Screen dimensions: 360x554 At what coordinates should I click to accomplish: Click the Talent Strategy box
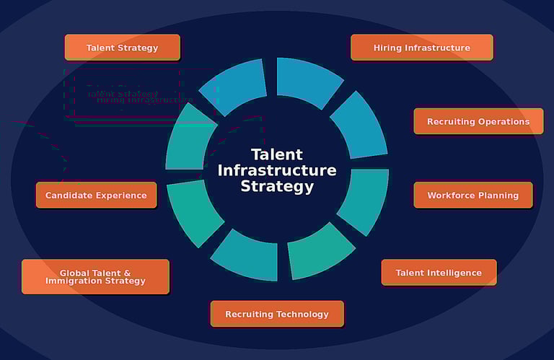[122, 48]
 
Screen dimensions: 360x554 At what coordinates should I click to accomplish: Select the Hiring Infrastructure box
[422, 48]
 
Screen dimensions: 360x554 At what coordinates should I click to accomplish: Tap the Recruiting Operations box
[478, 121]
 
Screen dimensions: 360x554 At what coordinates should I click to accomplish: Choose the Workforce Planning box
[473, 195]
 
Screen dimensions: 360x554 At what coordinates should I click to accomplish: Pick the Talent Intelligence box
[439, 273]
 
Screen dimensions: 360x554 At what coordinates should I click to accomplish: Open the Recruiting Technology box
[277, 314]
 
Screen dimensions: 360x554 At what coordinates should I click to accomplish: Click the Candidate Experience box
[96, 195]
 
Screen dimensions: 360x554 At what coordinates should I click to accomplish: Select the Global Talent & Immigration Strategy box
[95, 277]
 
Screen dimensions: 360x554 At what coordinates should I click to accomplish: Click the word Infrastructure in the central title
[277, 170]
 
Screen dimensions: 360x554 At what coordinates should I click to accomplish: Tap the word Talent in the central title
[277, 154]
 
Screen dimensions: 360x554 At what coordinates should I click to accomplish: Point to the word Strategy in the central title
[277, 186]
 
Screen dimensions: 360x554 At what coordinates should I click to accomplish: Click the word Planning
[498, 195]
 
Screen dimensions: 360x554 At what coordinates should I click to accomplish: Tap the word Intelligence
[454, 273]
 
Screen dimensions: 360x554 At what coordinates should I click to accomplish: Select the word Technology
[303, 314]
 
